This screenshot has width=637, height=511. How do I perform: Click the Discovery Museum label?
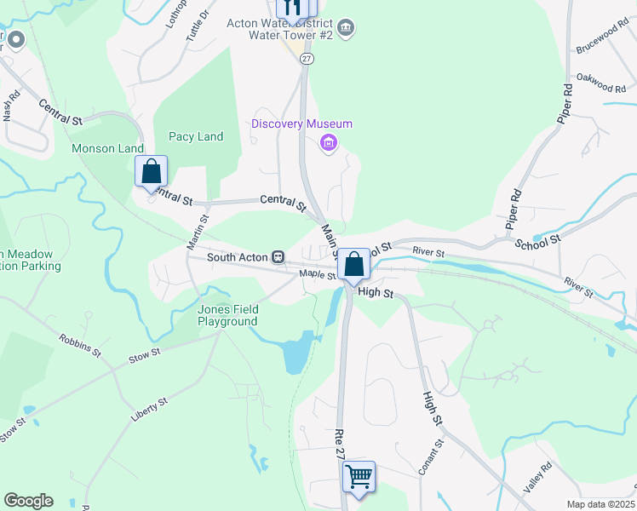point(301,124)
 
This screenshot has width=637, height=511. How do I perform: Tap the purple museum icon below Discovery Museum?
point(328,144)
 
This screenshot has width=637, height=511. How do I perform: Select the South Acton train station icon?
point(278,256)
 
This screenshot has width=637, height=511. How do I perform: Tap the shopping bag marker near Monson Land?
point(151,171)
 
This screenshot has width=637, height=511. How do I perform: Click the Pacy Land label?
point(196,136)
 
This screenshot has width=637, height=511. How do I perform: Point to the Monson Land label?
point(107,148)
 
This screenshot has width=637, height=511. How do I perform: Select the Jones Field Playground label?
point(227,315)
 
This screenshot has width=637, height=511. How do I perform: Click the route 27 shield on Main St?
point(307,58)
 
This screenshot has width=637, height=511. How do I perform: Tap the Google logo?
point(28,501)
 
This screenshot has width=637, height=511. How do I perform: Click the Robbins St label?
point(80,343)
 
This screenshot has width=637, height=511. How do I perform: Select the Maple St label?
point(318,274)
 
